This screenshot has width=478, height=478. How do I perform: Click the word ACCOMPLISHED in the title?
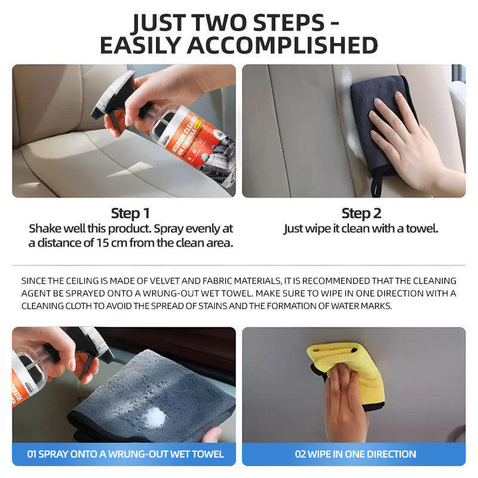click(x=282, y=45)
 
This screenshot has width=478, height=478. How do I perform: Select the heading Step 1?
click(x=130, y=213)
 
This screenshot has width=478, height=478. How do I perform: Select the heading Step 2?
click(x=361, y=213)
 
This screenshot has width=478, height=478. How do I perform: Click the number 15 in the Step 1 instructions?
click(x=102, y=243)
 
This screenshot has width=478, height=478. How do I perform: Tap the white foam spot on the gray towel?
click(x=155, y=418)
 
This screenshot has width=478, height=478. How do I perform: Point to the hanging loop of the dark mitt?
click(x=377, y=185)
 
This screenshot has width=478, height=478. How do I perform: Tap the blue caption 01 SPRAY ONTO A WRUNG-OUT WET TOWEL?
click(x=125, y=454)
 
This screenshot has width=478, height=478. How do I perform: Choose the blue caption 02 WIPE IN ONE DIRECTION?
click(x=356, y=454)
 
